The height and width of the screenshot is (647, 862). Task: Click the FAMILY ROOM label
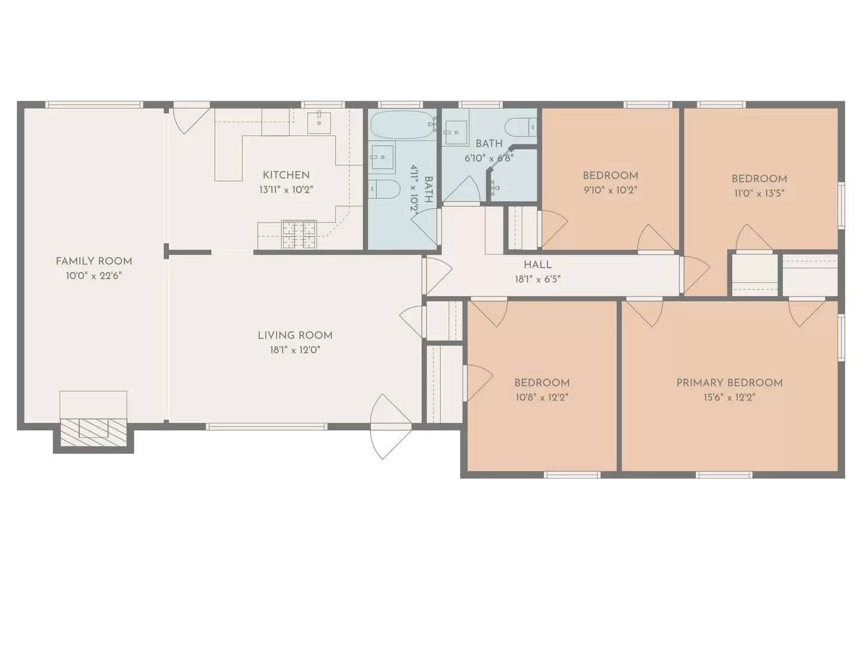click(93, 261)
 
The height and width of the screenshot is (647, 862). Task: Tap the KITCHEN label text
click(286, 175)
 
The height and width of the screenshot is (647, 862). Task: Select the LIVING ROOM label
click(295, 335)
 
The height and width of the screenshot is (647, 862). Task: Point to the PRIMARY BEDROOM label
click(729, 383)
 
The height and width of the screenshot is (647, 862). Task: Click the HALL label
click(538, 265)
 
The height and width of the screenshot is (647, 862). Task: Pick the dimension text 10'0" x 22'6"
click(94, 276)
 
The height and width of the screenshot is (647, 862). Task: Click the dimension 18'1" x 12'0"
click(295, 350)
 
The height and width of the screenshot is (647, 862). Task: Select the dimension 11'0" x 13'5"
click(759, 194)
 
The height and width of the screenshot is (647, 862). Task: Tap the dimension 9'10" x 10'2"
click(610, 190)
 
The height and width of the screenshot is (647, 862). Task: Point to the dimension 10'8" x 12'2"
click(542, 398)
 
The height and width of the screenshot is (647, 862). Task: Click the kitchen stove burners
click(299, 235)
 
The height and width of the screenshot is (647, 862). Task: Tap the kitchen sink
click(319, 122)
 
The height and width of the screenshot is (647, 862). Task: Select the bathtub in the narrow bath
click(403, 125)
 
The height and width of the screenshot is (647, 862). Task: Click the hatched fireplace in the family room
click(93, 433)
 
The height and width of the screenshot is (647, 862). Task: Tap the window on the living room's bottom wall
click(266, 427)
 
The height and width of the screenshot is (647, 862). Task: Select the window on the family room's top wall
click(94, 104)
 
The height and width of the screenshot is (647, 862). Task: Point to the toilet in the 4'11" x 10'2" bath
click(384, 189)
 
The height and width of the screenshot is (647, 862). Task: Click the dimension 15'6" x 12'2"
click(729, 398)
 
